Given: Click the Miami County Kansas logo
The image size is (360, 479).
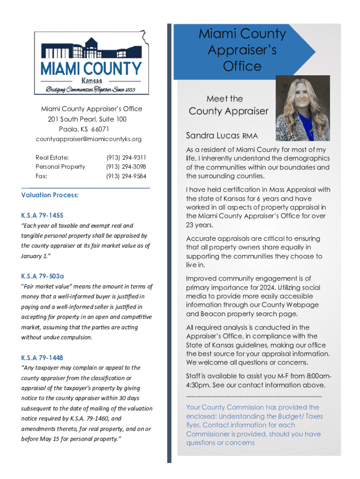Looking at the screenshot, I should [x=91, y=62].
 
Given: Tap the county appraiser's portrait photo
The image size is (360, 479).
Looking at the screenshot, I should [x=302, y=108].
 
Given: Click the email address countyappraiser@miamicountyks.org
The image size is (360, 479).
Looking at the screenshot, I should [x=89, y=139].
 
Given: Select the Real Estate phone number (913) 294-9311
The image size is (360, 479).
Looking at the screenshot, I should [x=126, y=158].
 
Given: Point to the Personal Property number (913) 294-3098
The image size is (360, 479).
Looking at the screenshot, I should [x=126, y=167].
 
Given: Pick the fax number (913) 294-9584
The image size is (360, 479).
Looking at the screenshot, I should [x=126, y=176].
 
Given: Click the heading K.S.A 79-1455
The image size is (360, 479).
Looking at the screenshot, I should [x=42, y=216].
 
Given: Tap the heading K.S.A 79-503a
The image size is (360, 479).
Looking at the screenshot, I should [x=43, y=276].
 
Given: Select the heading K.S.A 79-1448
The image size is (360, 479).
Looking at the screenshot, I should [x=42, y=358].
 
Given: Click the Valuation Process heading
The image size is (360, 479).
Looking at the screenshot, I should [x=50, y=195].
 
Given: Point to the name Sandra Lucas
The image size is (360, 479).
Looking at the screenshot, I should [x=212, y=136].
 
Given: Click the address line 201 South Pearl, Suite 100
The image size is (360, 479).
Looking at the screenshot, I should [x=87, y=119].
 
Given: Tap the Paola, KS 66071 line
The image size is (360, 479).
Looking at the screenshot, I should [x=84, y=129].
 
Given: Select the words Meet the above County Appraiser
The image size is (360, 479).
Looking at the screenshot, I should [x=225, y=99].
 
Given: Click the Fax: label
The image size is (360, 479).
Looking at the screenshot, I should [x=42, y=176].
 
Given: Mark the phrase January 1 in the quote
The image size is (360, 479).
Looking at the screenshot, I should [x=34, y=256].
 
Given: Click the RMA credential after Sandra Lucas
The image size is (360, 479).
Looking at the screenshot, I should [x=250, y=137].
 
